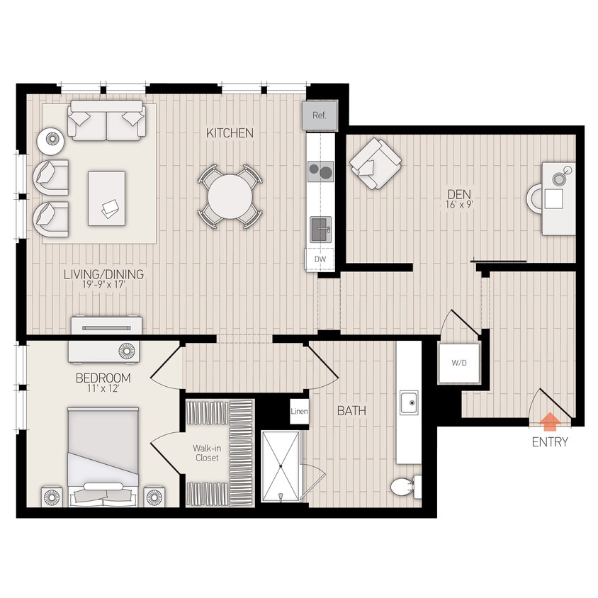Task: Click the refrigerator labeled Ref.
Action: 320,115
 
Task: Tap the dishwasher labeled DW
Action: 320,259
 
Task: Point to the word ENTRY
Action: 550,443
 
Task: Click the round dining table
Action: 230,196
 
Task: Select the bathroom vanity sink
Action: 408,402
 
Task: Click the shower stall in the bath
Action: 281,466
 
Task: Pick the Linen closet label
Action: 299,412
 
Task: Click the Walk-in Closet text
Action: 205,453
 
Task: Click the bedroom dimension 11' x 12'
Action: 104,390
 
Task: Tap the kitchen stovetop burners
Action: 320,171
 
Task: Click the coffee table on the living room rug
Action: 106,198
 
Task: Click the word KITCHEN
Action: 230,132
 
